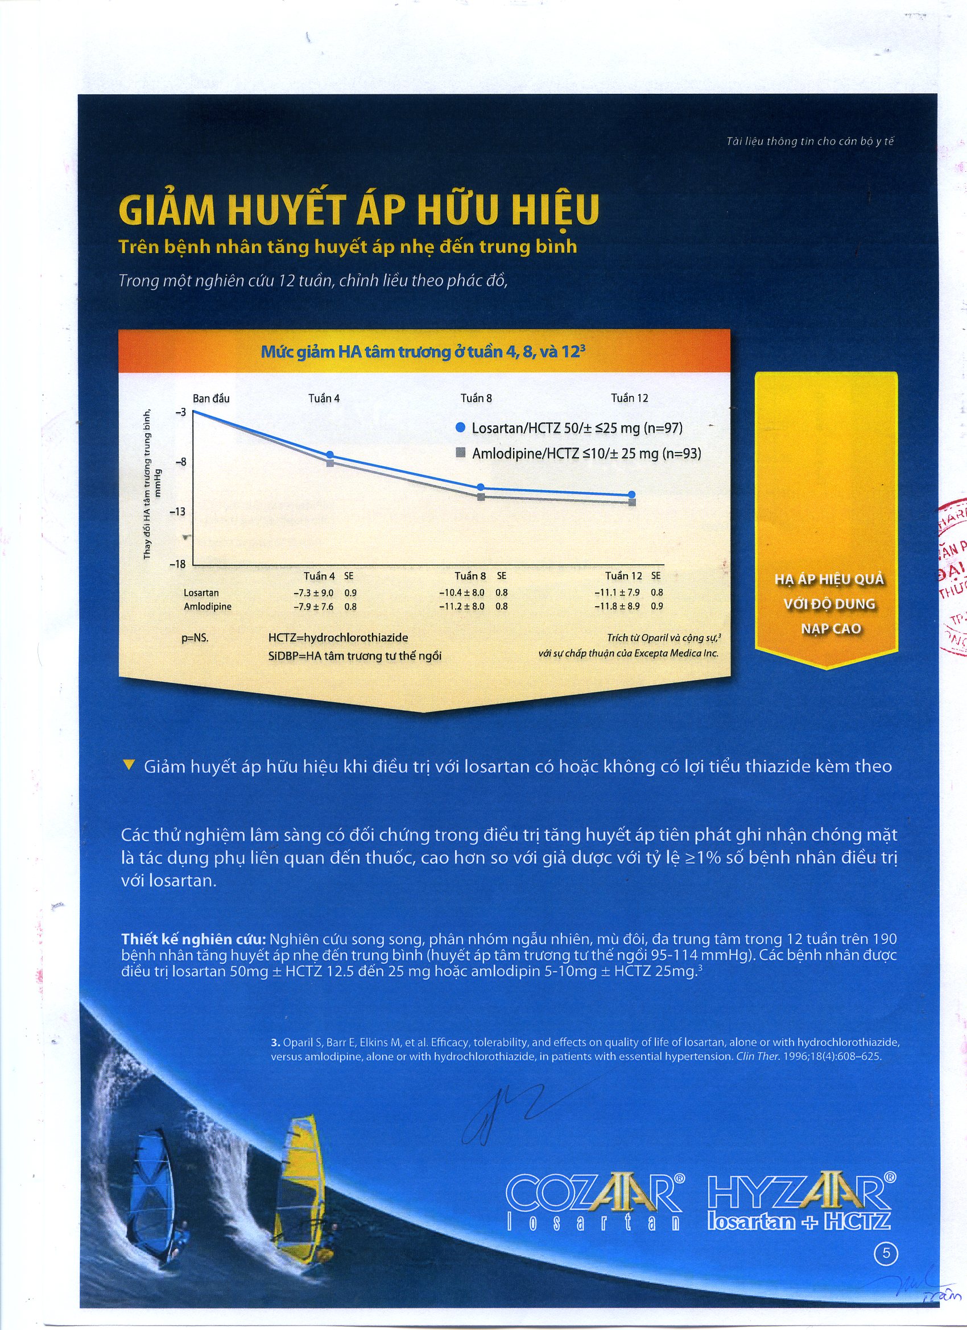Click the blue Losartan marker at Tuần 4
pyautogui.click(x=330, y=455)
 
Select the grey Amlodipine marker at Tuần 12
pyautogui.click(x=632, y=502)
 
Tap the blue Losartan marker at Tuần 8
pyautogui.click(x=481, y=487)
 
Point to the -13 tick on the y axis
pyautogui.click(x=177, y=512)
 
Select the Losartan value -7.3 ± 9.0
pyautogui.click(x=313, y=593)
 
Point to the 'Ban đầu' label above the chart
pyautogui.click(x=211, y=399)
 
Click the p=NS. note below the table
pyautogui.click(x=195, y=638)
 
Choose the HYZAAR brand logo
pyautogui.click(x=801, y=1194)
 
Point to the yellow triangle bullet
pyautogui.click(x=130, y=765)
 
